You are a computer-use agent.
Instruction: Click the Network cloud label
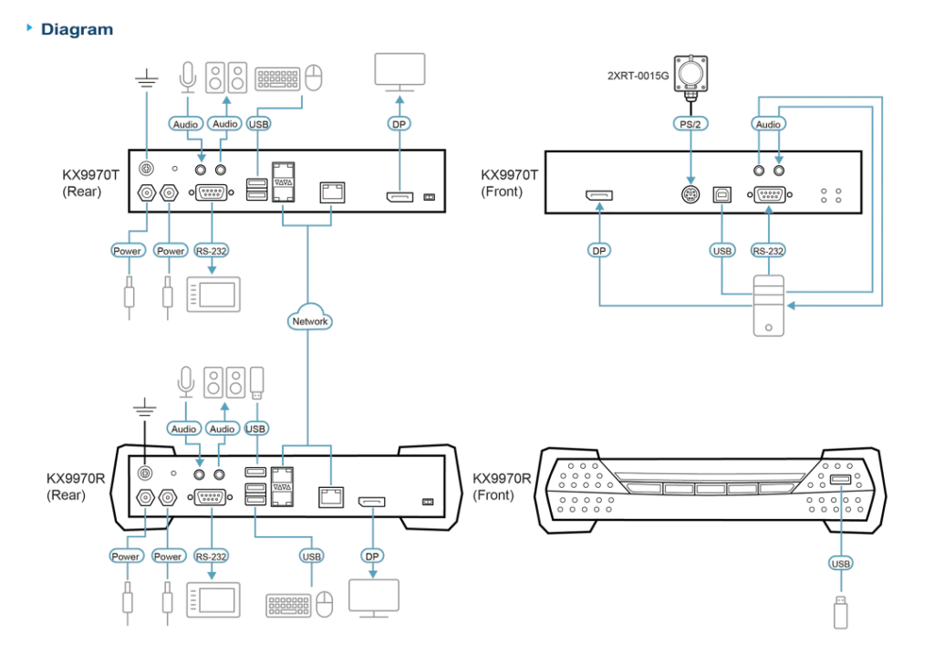(x=309, y=321)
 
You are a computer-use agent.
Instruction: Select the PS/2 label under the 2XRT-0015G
(x=690, y=124)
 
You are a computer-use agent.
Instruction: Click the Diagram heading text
(x=77, y=29)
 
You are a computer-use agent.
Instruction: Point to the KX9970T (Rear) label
(x=90, y=182)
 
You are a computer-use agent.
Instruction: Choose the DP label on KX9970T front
(x=598, y=251)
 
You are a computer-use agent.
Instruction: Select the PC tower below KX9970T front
(x=768, y=306)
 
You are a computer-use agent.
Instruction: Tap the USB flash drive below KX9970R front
(x=840, y=612)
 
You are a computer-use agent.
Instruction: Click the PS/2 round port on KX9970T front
(x=690, y=194)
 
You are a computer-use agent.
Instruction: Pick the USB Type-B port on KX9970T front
(x=722, y=194)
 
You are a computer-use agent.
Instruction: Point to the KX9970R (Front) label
(x=502, y=487)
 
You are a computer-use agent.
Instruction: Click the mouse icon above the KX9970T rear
(x=314, y=78)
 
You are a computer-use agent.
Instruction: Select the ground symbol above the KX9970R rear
(x=145, y=408)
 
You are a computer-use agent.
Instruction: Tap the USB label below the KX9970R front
(x=840, y=564)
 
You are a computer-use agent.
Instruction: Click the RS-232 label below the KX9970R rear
(x=211, y=556)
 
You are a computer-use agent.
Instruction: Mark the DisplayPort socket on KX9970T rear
(x=400, y=196)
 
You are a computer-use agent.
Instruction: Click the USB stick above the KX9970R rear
(x=256, y=382)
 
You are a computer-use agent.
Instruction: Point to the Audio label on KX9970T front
(x=768, y=124)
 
